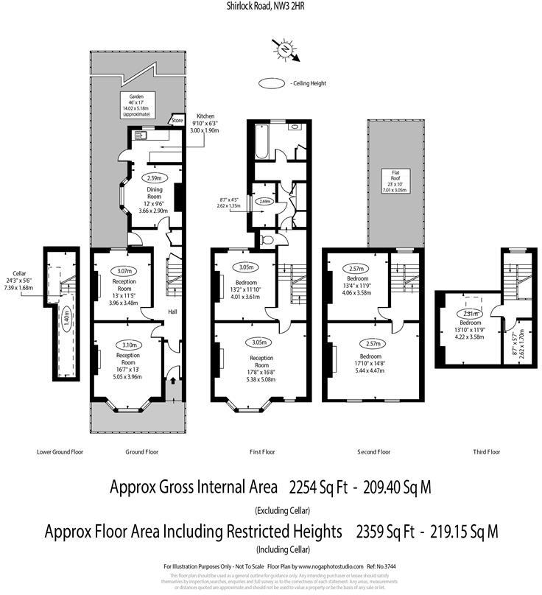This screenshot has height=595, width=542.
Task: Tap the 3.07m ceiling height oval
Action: pos(122,270)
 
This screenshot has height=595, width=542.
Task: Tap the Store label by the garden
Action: pos(177,120)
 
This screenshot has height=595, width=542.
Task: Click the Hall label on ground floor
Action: pos(172,312)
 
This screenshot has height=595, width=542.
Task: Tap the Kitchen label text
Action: pos(205,116)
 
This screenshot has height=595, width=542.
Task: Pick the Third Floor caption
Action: pos(486,452)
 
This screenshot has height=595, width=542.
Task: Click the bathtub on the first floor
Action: pos(263,140)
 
